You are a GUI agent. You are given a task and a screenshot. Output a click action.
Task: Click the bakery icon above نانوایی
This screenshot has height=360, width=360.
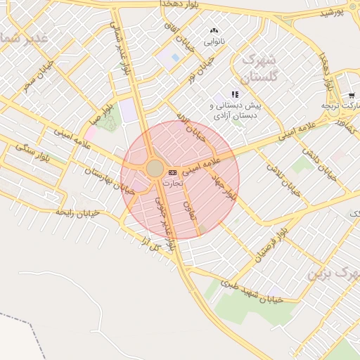pyautogui.click(x=214, y=31)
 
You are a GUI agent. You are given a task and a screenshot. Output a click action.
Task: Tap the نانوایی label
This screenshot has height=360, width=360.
pyautogui.click(x=214, y=41)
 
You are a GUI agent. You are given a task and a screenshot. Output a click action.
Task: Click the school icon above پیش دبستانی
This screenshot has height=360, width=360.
pyautogui.click(x=235, y=94)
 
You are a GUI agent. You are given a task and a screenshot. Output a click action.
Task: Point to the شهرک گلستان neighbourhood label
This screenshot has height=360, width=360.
pyautogui.click(x=259, y=67)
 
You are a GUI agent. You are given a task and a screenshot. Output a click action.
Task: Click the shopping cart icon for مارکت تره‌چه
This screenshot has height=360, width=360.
pyautogui.click(x=351, y=95)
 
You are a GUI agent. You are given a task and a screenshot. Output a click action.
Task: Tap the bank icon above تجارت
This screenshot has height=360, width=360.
pyautogui.click(x=172, y=172)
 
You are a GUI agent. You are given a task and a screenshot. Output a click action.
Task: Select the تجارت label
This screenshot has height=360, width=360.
pyautogui.click(x=172, y=182)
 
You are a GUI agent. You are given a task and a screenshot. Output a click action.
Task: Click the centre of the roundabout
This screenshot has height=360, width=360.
pyautogui.click(x=155, y=168)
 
